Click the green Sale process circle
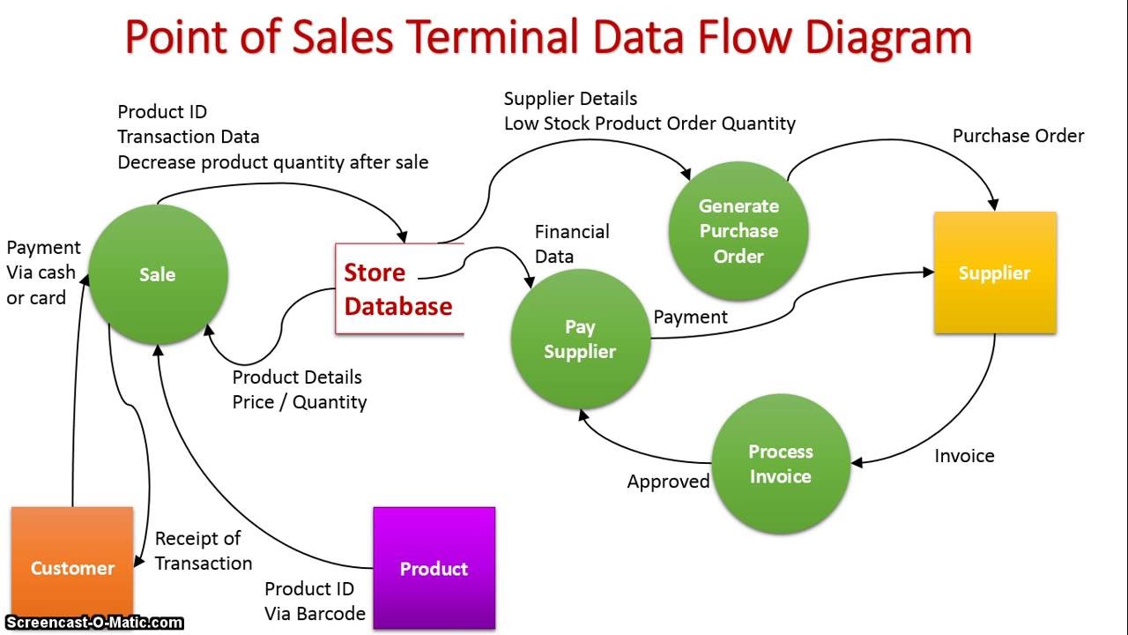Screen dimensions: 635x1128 158,274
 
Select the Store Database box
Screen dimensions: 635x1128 398,289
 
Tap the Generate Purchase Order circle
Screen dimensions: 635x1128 738,231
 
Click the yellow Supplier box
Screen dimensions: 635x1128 995,273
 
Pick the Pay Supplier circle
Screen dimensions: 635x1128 580,339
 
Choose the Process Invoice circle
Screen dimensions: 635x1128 780,464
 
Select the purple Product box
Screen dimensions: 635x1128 434,568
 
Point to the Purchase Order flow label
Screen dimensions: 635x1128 1018,136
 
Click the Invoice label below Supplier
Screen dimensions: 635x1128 964,456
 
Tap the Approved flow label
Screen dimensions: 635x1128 668,482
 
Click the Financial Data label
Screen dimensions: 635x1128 572,244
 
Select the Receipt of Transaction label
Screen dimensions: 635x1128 204,550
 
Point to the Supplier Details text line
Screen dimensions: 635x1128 570,99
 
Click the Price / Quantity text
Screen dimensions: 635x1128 299,402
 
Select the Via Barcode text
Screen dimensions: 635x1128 315,614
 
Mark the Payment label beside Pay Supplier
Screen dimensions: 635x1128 690,317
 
